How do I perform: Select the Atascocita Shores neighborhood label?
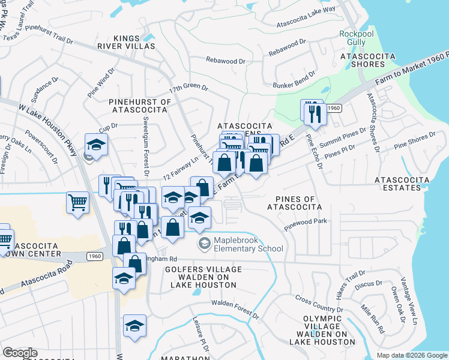click(x=362, y=60)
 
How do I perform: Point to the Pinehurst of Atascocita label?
click(x=140, y=106)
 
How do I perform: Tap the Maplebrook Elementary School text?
click(x=249, y=245)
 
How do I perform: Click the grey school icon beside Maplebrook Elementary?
click(x=204, y=243)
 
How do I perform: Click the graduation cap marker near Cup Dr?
click(x=95, y=144)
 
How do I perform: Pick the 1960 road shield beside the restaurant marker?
click(x=334, y=109)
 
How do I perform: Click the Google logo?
click(x=20, y=353)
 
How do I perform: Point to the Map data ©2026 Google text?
click(x=412, y=355)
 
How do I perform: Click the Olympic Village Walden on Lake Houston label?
click(x=322, y=330)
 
